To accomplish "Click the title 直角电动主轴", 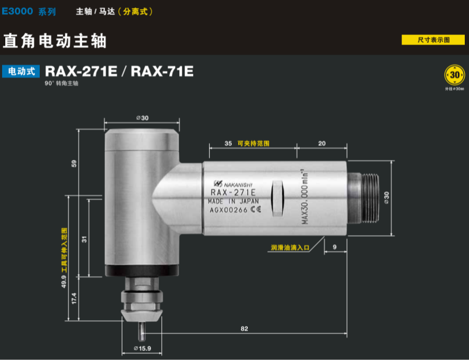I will (x=55, y=40).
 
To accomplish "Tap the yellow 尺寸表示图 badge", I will (x=433, y=40).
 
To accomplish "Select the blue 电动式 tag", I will (x=21, y=71).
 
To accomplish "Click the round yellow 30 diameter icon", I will (x=454, y=75).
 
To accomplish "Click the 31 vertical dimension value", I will (x=84, y=239).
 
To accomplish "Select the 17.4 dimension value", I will (x=74, y=298).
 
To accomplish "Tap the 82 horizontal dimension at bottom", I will (x=244, y=329).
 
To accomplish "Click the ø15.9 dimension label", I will (x=142, y=348).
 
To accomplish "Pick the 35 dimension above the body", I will (x=228, y=143).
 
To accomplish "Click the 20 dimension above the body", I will (x=322, y=143).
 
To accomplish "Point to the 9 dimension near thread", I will (x=335, y=246).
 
